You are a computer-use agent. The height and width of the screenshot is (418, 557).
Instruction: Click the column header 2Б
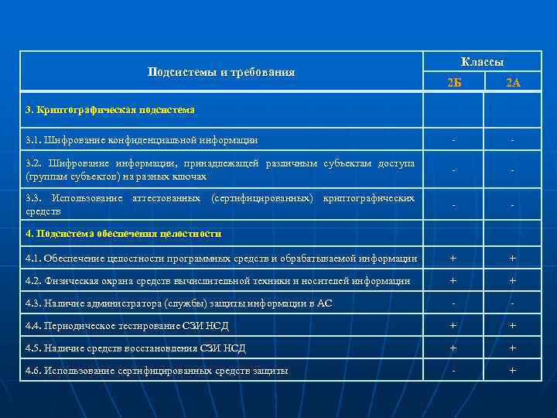pos(454,83)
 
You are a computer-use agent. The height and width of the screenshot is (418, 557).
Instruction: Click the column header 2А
pos(513,83)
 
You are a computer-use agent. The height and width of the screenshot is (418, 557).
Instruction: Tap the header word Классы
pos(483,61)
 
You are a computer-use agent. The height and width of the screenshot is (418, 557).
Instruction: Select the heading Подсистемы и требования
pos(221,72)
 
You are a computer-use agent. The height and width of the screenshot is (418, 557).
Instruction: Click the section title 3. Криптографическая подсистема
pos(110,110)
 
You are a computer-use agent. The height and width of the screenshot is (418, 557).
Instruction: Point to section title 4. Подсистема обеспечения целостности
pos(124,233)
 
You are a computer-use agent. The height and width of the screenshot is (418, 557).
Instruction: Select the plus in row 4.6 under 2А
pos(512,371)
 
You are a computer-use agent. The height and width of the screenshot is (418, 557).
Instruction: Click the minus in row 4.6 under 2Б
pos(454,371)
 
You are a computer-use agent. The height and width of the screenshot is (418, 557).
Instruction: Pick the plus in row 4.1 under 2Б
pos(454,258)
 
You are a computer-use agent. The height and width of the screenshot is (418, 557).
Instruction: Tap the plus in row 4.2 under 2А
pos(512,281)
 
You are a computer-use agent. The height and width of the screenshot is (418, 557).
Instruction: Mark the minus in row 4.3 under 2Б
pos(454,303)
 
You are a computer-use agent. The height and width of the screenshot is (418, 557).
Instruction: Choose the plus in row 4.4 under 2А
pos(512,326)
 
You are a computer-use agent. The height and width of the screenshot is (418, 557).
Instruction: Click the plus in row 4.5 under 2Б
pos(454,348)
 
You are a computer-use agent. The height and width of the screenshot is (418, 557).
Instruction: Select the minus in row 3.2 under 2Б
pos(454,170)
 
